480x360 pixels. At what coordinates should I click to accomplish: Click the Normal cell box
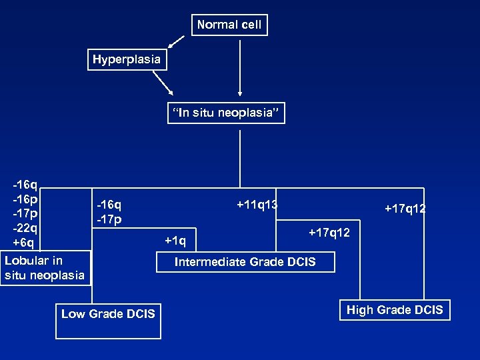pyautogui.click(x=229, y=25)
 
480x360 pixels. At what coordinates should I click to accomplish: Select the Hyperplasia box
pyautogui.click(x=126, y=59)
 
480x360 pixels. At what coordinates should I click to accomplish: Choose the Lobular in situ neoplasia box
pyautogui.click(x=45, y=267)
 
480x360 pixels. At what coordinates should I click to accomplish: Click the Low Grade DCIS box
pyautogui.click(x=108, y=313)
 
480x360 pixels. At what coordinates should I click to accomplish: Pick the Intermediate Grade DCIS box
pyautogui.click(x=245, y=262)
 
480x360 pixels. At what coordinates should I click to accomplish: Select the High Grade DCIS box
pyautogui.click(x=395, y=310)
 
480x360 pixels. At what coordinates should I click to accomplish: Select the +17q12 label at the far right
pyautogui.click(x=405, y=209)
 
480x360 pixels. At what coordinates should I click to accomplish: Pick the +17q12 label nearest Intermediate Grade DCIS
pyautogui.click(x=329, y=233)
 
